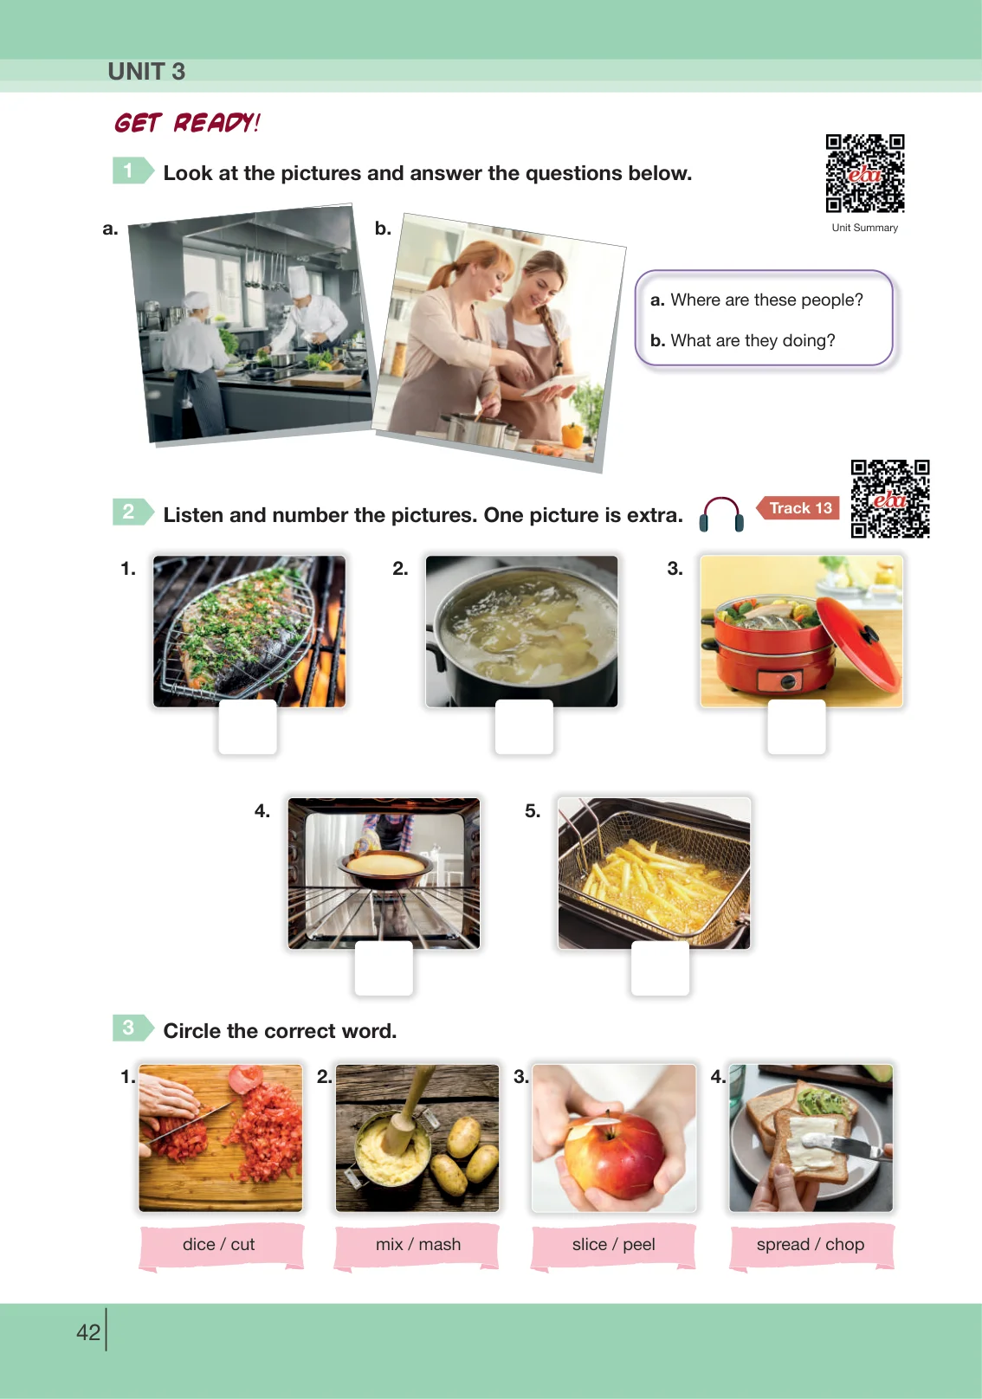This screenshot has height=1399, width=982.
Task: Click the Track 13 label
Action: pyautogui.click(x=798, y=508)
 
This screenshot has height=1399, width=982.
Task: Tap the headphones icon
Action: pyautogui.click(x=721, y=513)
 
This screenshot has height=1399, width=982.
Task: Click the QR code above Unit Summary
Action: pyautogui.click(x=865, y=173)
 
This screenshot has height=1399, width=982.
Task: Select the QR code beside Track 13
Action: pyautogui.click(x=890, y=499)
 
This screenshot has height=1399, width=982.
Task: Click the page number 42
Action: pyautogui.click(x=88, y=1332)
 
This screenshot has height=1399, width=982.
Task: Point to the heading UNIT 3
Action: pyautogui.click(x=146, y=72)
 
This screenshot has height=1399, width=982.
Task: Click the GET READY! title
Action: pyautogui.click(x=187, y=122)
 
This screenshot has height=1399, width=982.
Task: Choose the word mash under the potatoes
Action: pyautogui.click(x=440, y=1244)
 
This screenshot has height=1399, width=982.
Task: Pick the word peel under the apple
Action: pyautogui.click(x=639, y=1245)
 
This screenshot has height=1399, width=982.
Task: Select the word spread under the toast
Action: pyautogui.click(x=783, y=1245)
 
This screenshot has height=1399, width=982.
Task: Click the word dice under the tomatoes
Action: pyautogui.click(x=198, y=1244)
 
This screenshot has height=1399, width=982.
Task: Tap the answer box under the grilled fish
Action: pyautogui.click(x=248, y=727)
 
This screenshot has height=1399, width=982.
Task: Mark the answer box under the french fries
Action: pyautogui.click(x=660, y=968)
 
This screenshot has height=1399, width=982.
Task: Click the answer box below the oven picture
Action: pyautogui.click(x=384, y=968)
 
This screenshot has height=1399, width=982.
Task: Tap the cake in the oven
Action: pyautogui.click(x=384, y=864)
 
